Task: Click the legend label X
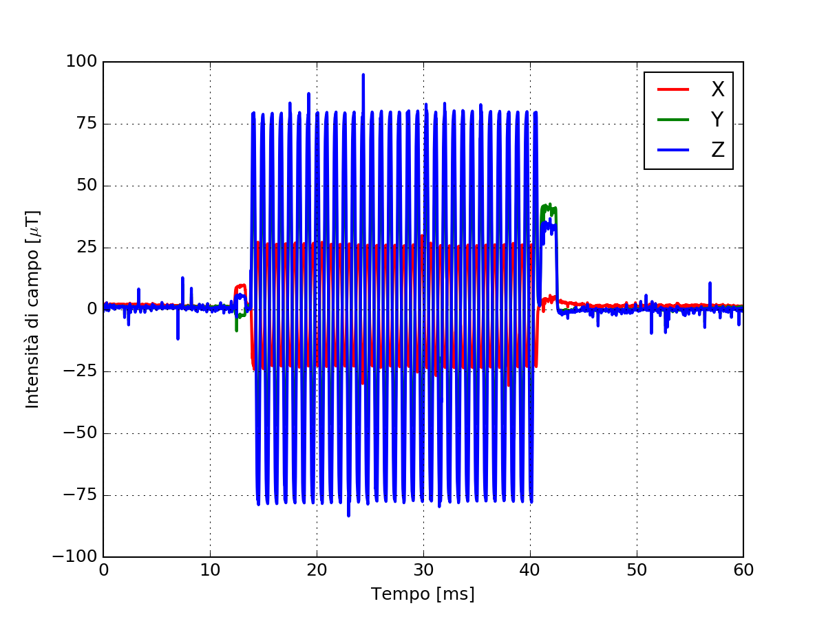point(717,89)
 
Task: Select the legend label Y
point(717,120)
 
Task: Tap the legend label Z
point(717,150)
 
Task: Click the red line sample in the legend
point(673,89)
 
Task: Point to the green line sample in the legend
point(673,120)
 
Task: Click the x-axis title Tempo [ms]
point(423,594)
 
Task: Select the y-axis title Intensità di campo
point(33,309)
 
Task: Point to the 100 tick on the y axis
point(81,62)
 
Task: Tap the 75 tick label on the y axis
point(85,124)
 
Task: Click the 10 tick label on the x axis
point(210,570)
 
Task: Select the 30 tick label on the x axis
point(423,570)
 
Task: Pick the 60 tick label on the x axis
point(743,570)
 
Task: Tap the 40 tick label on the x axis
point(530,570)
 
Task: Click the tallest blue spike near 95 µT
point(363,75)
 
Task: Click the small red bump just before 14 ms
point(240,285)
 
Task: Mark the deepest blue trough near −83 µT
point(348,514)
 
